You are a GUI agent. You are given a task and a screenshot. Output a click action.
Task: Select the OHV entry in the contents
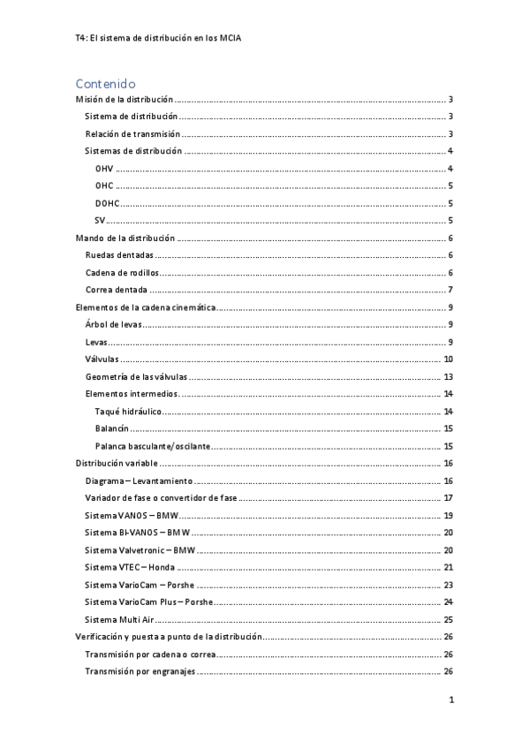click(x=104, y=169)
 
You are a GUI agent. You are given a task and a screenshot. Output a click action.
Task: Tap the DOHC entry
click(x=108, y=203)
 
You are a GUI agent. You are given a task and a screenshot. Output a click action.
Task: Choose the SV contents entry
click(x=101, y=220)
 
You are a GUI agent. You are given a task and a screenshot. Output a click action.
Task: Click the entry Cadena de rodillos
click(x=120, y=273)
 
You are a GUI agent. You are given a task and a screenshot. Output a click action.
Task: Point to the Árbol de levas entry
click(x=114, y=325)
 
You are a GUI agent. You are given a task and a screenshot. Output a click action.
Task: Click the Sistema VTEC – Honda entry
click(x=130, y=568)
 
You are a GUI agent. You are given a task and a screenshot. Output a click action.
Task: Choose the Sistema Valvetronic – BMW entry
click(x=140, y=550)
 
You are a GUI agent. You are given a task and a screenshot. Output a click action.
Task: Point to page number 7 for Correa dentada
click(x=450, y=290)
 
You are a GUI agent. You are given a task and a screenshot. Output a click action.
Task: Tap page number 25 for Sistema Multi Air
click(x=448, y=620)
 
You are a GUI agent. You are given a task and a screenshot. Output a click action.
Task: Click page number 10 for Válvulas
click(x=448, y=359)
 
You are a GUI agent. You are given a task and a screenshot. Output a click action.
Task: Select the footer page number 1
click(x=450, y=700)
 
